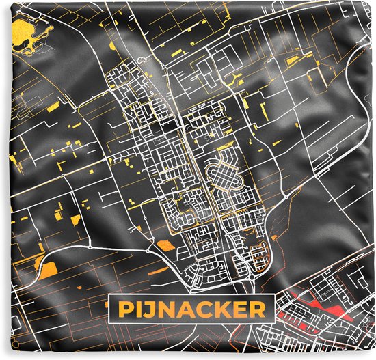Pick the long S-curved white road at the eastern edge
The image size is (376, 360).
click(362, 137)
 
